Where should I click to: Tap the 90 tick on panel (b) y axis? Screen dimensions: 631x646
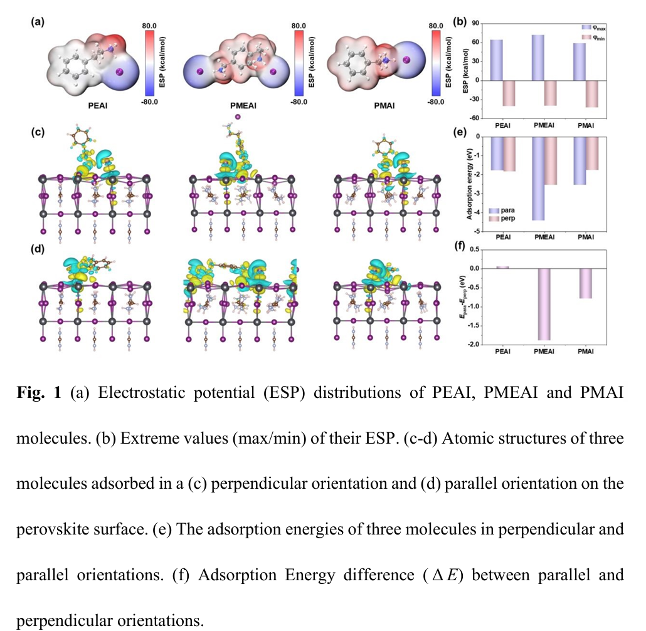[475, 23]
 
